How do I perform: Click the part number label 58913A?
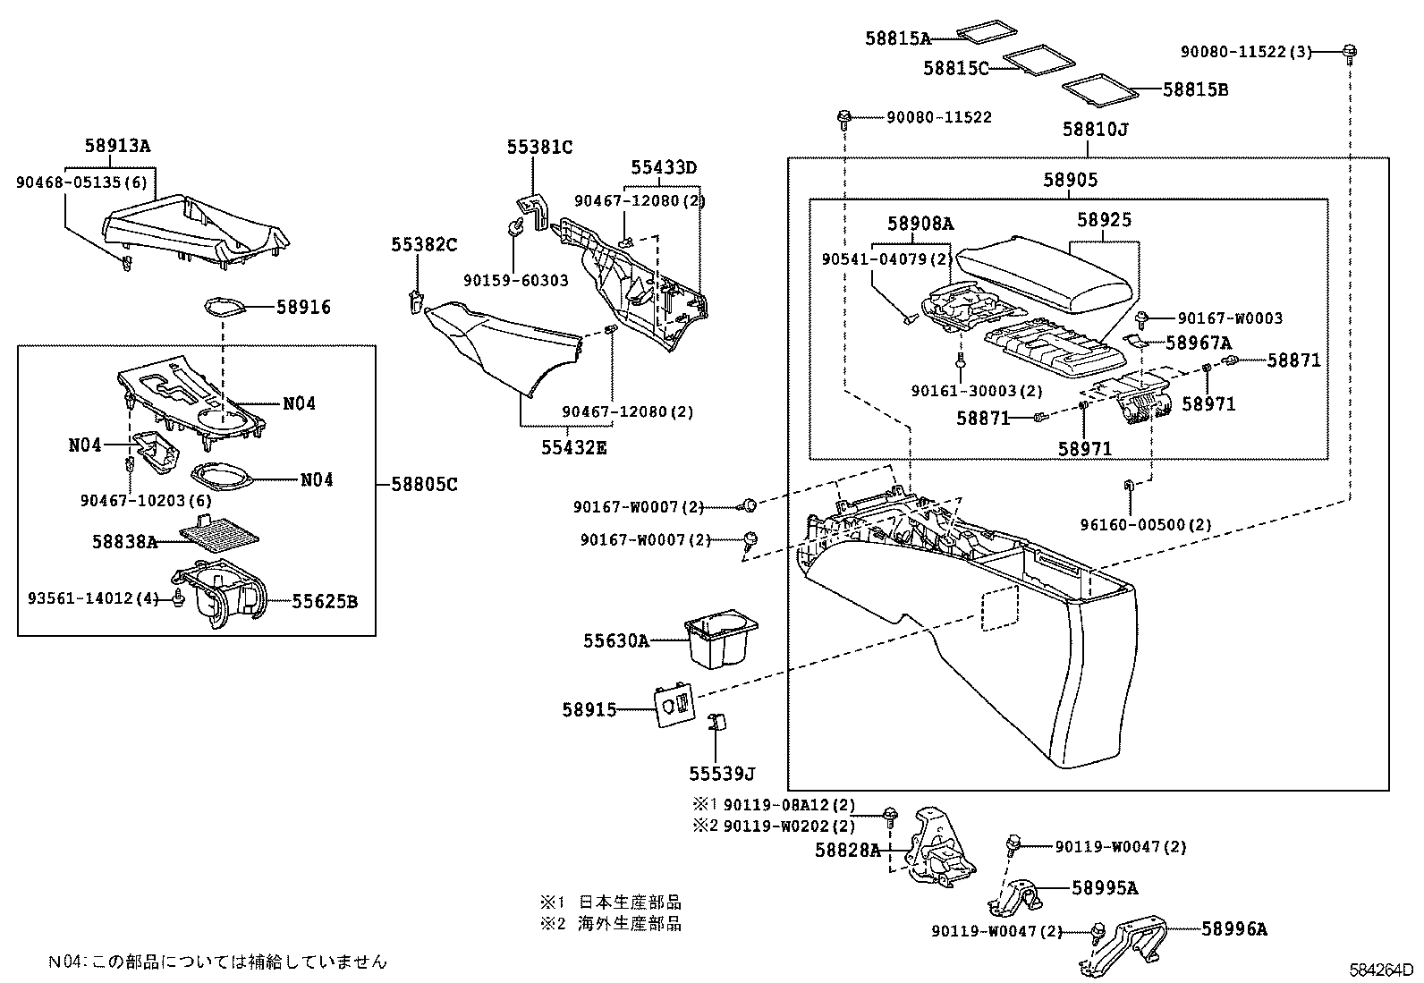pos(118,146)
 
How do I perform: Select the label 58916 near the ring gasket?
pos(303,308)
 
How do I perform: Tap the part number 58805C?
pos(424,485)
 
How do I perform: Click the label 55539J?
pos(722,774)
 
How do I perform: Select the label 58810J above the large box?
pos(1095,129)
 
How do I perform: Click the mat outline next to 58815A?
pos(987,32)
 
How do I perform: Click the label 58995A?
pos(1105,888)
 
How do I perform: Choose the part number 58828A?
pos(847,850)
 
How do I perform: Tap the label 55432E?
pos(572,447)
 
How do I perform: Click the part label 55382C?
pos(423,244)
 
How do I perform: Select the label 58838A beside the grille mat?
pos(124,542)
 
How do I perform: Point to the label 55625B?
pos(325,602)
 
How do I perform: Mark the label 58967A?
pos(1199,343)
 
